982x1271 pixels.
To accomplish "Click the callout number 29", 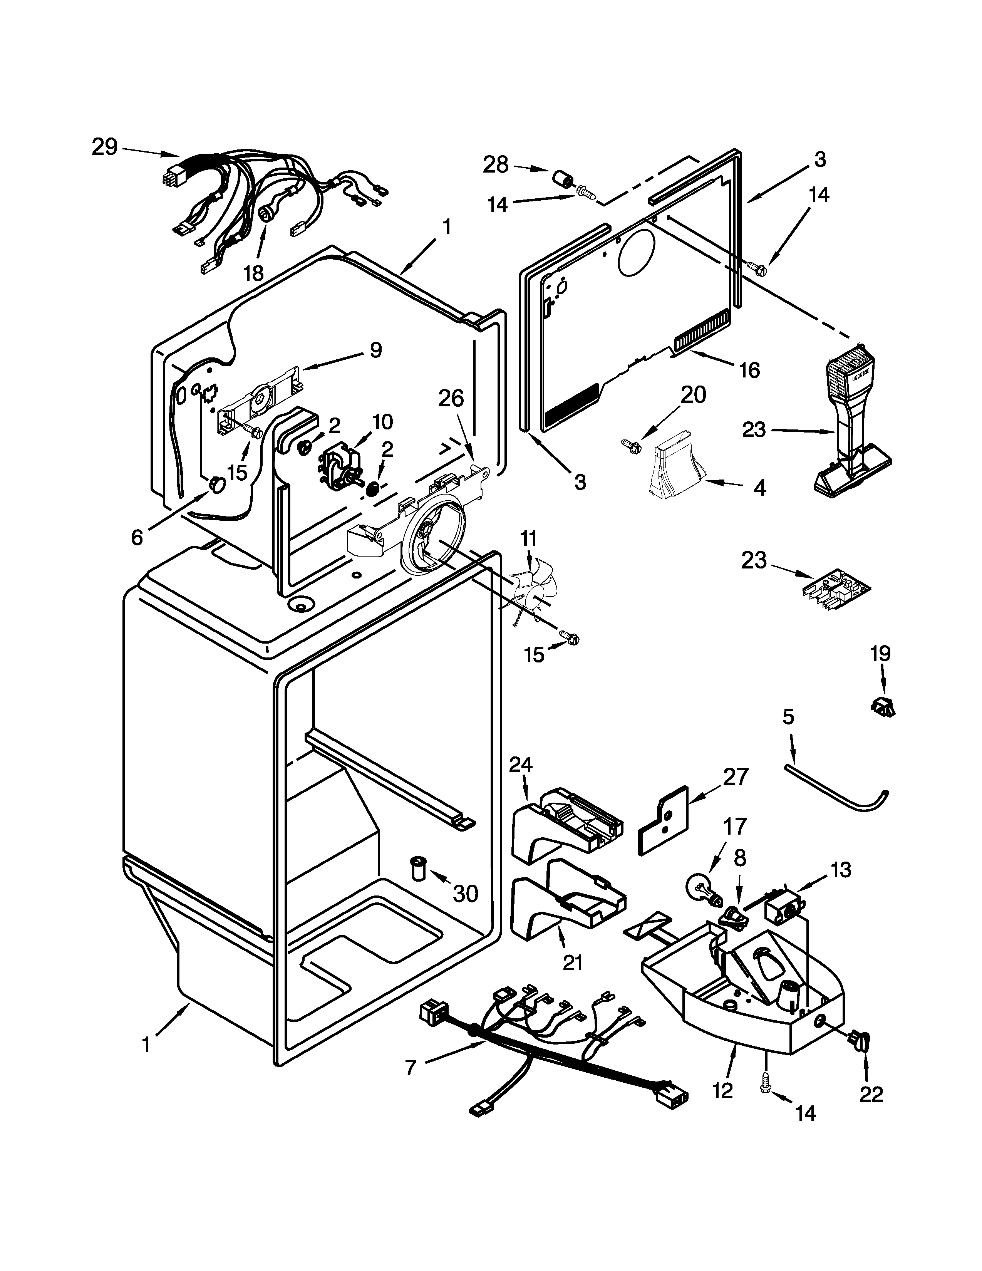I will (x=105, y=147).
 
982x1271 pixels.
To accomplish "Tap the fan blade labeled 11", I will (x=528, y=592).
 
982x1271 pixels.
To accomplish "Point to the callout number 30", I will (x=466, y=893).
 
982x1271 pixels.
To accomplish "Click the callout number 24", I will (x=521, y=764).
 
